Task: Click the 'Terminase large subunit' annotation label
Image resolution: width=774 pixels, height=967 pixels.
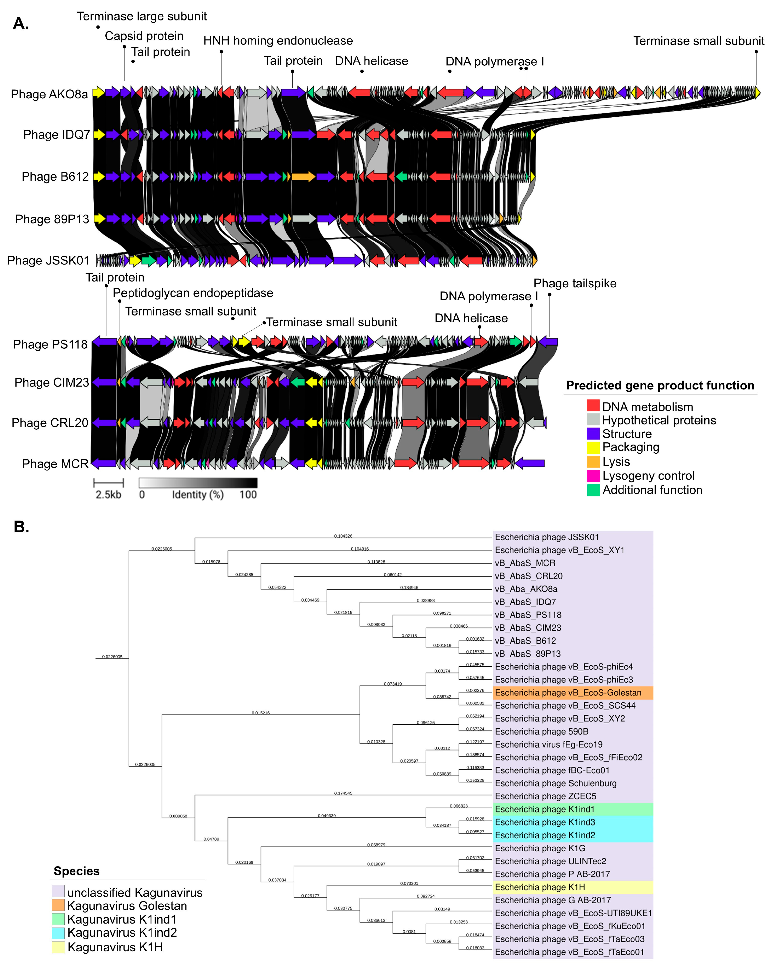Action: (142, 17)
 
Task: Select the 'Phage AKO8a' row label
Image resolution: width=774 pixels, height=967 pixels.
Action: (49, 94)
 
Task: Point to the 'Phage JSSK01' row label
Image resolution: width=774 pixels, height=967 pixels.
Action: (48, 261)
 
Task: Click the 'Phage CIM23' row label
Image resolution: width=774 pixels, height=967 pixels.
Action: (51, 383)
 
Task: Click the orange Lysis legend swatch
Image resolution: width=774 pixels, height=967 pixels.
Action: (593, 462)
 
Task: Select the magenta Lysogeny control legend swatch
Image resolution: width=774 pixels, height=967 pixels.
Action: (593, 475)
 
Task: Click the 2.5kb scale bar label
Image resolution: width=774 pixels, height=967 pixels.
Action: (108, 495)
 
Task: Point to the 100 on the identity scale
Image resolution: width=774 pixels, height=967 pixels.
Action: (248, 495)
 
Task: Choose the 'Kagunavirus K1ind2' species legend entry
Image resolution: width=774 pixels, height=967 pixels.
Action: (122, 933)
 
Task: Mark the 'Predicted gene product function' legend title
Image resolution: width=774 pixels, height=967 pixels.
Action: (660, 386)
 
